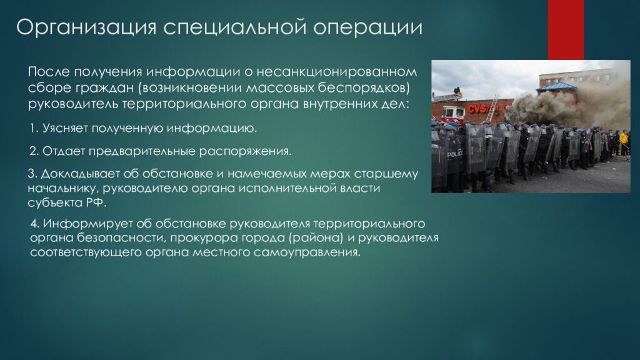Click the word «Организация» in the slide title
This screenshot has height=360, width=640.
[86, 27]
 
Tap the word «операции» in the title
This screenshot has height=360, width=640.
[367, 27]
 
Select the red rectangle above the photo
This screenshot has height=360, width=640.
[566, 30]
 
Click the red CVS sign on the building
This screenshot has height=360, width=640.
[477, 109]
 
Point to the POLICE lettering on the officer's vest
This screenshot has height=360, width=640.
[455, 154]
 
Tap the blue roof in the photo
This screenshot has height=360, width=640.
[556, 86]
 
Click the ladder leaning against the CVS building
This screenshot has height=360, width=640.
[491, 107]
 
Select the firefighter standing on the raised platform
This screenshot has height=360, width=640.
[457, 92]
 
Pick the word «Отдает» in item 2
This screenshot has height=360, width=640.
[64, 151]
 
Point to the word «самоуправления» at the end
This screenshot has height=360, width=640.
[307, 252]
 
